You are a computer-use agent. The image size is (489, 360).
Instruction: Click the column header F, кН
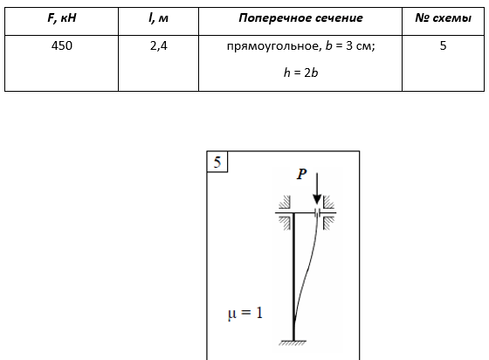click(62, 18)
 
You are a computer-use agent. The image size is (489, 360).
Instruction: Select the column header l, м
click(158, 18)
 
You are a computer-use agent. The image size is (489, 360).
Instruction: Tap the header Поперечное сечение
click(300, 18)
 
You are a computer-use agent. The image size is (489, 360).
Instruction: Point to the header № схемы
click(444, 18)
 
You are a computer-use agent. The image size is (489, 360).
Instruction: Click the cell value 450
click(62, 45)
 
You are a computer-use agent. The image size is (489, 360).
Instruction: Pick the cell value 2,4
click(158, 46)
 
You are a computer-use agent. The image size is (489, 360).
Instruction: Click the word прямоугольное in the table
click(273, 46)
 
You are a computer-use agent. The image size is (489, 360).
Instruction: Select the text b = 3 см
click(349, 46)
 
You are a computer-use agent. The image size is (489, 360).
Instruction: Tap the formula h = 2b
click(300, 73)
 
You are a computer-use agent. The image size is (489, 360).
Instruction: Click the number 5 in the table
click(444, 45)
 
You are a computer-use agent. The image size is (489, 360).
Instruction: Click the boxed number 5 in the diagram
click(217, 163)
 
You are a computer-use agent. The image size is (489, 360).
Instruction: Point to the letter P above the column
click(301, 174)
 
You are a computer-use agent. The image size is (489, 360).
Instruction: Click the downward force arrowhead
click(317, 199)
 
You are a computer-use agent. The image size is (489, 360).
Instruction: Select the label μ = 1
click(245, 313)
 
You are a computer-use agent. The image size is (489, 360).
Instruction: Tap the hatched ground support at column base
click(293, 343)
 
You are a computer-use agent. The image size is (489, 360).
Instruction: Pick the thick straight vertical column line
click(293, 277)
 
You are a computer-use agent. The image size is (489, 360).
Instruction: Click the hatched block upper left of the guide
click(285, 203)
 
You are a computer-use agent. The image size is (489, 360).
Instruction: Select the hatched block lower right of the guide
click(328, 224)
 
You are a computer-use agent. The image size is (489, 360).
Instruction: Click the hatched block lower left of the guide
click(285, 224)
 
